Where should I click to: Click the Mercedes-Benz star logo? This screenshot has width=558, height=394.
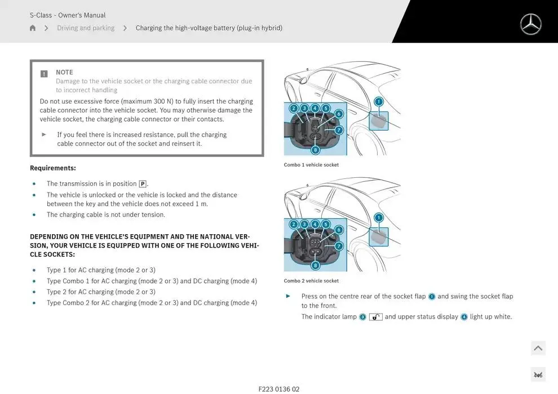[x=530, y=24]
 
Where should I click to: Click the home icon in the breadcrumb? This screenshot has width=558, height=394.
[x=33, y=28]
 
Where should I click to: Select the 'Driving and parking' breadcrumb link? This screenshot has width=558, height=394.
[x=86, y=28]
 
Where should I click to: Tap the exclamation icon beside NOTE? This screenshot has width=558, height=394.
[x=44, y=74]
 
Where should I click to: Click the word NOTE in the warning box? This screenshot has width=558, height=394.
[x=64, y=72]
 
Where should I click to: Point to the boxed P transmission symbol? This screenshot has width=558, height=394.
[x=143, y=184]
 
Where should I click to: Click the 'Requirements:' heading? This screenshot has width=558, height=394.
[x=52, y=168]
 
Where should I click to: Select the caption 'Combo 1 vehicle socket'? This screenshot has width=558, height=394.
[x=311, y=165]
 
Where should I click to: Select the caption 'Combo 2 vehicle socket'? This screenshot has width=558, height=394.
[x=311, y=281]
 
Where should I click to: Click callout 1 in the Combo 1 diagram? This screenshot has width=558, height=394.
[x=379, y=102]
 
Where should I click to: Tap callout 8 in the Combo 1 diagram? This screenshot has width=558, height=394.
[x=315, y=150]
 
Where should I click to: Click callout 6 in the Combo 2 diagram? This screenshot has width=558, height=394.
[x=339, y=230]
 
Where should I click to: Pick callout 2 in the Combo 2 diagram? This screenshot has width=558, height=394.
[x=294, y=224]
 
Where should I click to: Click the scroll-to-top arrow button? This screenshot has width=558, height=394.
[x=538, y=348]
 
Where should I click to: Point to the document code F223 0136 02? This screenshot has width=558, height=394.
[x=279, y=389]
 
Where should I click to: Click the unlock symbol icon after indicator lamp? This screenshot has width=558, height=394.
[x=376, y=317]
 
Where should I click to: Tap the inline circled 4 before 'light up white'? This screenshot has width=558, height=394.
[x=464, y=317]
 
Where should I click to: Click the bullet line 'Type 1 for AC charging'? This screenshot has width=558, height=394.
[x=101, y=270]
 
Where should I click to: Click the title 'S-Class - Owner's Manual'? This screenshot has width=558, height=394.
[x=68, y=15]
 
